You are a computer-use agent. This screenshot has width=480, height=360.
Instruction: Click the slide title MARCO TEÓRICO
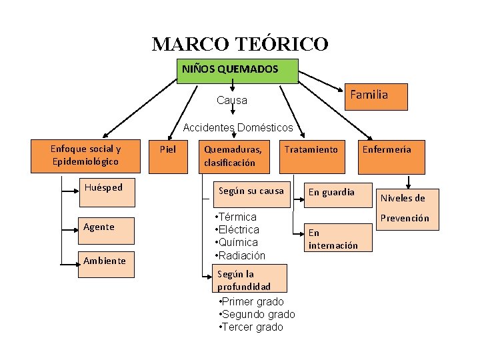click(x=240, y=44)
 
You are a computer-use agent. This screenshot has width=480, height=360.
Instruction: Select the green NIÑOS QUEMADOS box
click(x=237, y=70)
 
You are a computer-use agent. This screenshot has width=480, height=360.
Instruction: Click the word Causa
click(x=231, y=101)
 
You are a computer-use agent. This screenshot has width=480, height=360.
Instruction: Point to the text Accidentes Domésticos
click(x=237, y=127)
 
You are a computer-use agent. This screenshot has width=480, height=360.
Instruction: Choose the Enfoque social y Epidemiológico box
click(x=86, y=155)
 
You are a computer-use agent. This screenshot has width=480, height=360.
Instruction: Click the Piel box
click(x=168, y=149)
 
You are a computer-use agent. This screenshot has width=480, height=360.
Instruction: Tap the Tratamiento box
click(x=311, y=149)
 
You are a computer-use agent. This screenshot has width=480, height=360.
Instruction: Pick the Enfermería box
click(x=387, y=149)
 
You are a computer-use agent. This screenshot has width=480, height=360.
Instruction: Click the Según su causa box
click(x=251, y=191)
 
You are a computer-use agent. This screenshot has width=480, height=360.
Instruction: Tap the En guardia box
click(x=331, y=193)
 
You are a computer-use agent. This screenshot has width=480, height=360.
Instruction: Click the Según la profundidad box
click(x=244, y=280)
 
